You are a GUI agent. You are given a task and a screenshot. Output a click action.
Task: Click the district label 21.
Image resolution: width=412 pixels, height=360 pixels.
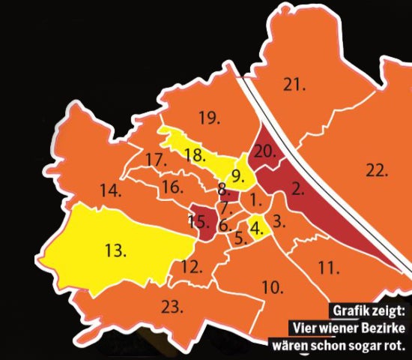(x=294, y=85)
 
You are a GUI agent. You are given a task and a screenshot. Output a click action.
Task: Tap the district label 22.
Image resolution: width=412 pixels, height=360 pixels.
(x=378, y=171)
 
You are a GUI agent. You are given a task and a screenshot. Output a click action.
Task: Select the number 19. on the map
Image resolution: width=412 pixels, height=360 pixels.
(x=209, y=116)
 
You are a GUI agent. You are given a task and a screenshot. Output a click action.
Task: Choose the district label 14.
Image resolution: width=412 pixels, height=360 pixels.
(x=109, y=191)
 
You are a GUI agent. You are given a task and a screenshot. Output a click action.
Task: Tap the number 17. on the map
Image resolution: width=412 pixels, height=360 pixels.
(x=155, y=160)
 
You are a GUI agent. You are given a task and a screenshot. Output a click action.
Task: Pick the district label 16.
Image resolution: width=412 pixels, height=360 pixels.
(x=172, y=187)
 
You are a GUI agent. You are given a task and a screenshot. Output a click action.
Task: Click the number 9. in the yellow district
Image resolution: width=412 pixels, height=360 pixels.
(x=237, y=177)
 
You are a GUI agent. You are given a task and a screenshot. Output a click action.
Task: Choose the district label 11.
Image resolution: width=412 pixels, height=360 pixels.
(x=329, y=267)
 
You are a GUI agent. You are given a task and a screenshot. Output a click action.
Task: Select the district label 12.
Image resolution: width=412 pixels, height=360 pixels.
(x=192, y=266)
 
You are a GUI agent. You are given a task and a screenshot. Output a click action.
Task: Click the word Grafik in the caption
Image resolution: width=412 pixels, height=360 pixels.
(x=351, y=311)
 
